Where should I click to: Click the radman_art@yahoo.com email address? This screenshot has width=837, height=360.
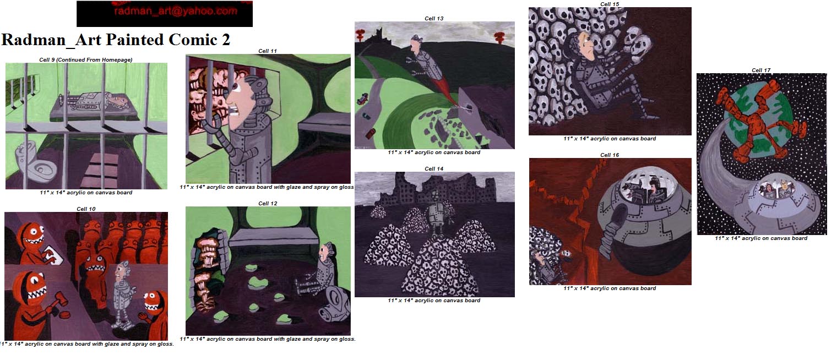[175, 11]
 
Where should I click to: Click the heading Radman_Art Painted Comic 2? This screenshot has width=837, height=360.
[116, 40]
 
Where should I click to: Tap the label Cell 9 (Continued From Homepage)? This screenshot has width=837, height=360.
[86, 59]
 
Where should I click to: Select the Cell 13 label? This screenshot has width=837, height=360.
[434, 18]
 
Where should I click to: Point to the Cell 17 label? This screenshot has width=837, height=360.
[761, 70]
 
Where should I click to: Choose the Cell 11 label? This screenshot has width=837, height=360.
[267, 51]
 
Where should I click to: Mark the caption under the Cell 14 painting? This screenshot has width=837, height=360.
[434, 301]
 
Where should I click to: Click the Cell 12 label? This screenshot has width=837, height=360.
[268, 204]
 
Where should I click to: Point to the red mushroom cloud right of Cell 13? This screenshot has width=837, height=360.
[500, 37]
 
